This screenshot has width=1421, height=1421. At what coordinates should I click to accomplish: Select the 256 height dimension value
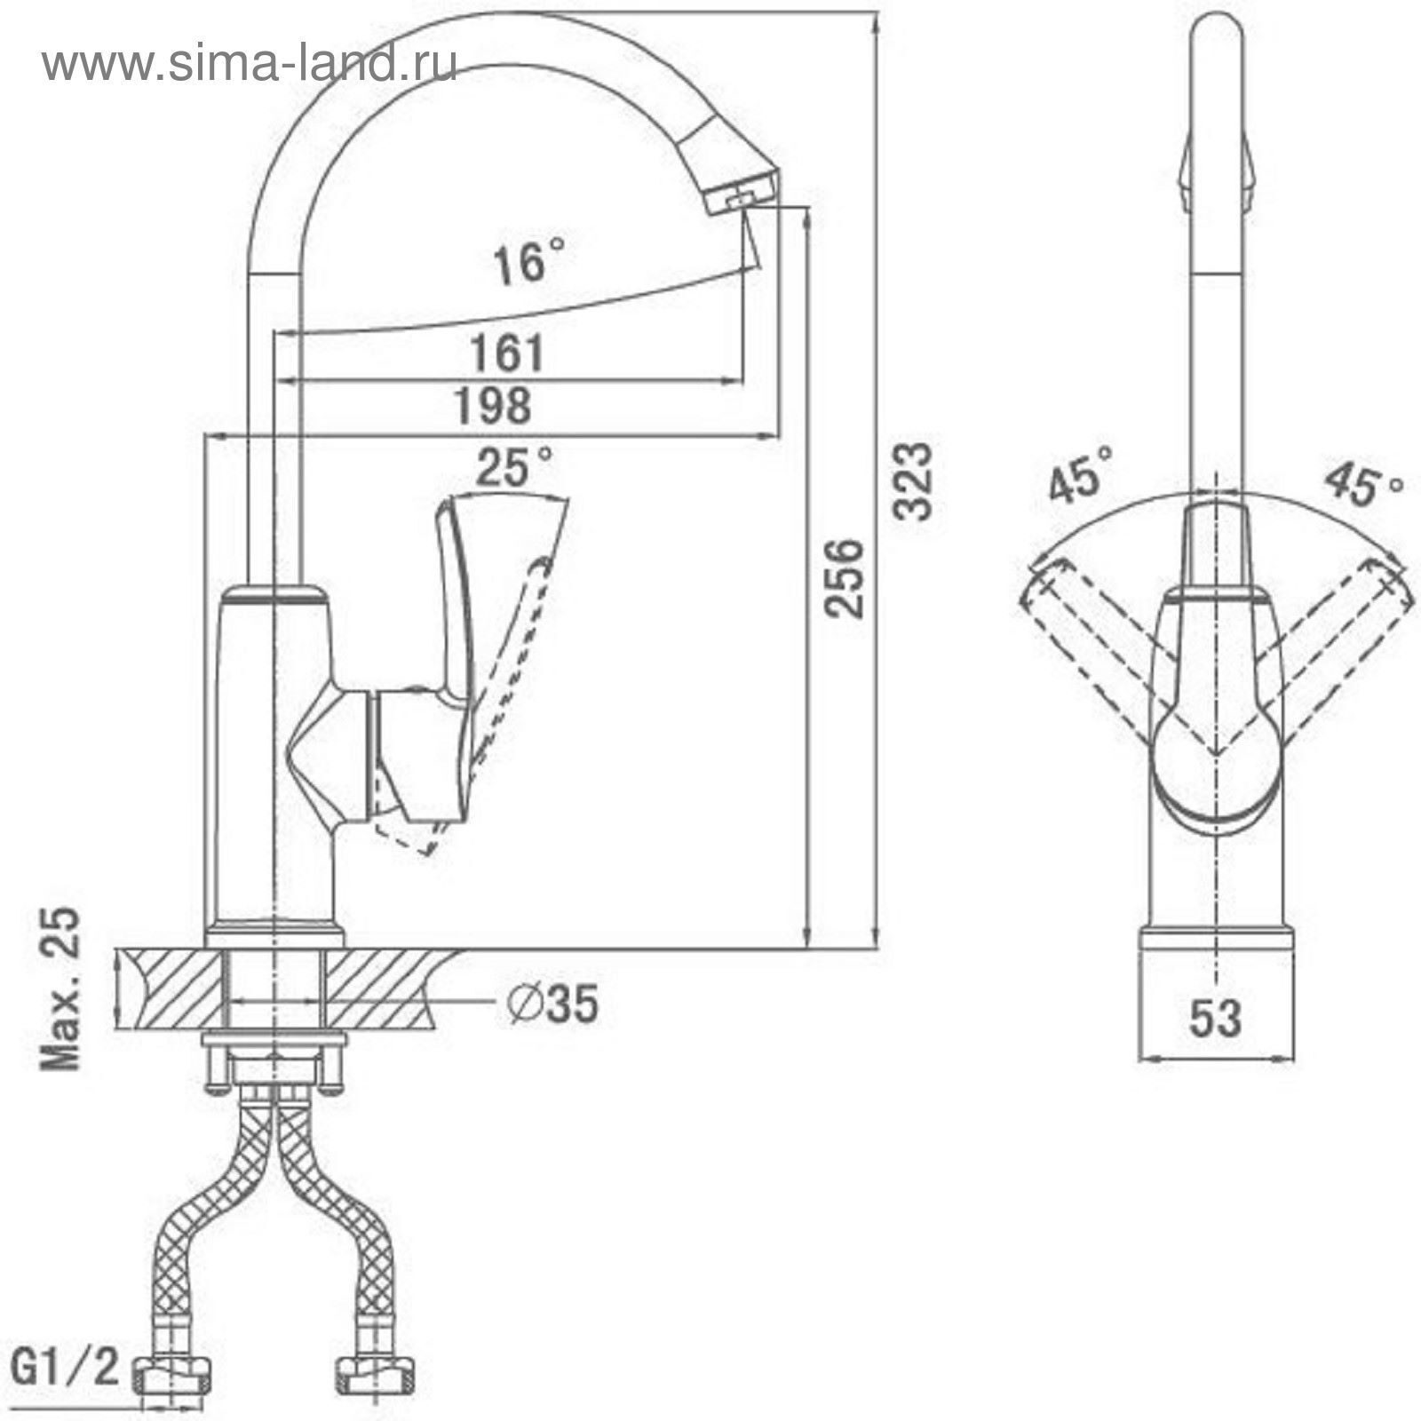point(843,577)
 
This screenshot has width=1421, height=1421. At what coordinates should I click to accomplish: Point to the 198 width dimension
point(493,406)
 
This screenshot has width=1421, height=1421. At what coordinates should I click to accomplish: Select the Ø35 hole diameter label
point(552,1004)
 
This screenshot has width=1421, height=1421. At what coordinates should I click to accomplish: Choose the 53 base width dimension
point(1215,1018)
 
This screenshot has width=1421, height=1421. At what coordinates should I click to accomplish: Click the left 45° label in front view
point(1080,473)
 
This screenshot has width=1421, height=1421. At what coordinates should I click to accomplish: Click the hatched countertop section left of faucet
point(171,988)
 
